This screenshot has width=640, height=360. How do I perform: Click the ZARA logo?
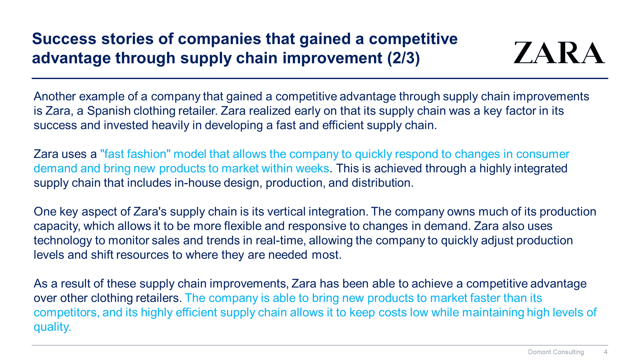(x=559, y=53)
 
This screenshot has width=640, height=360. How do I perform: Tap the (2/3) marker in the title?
(x=404, y=58)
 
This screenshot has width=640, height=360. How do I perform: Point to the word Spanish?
(x=109, y=111)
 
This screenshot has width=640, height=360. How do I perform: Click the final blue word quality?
(x=52, y=327)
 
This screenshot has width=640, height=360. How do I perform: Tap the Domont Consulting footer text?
(x=556, y=352)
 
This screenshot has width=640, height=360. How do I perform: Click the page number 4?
(x=605, y=352)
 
